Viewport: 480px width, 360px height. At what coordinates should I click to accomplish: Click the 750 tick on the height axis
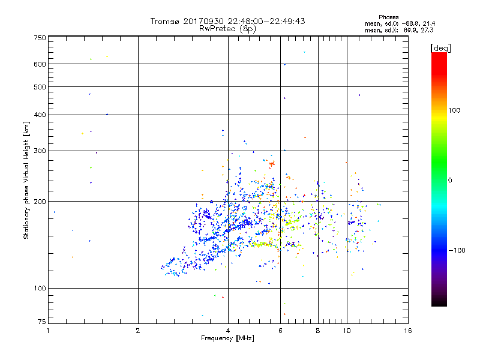[40, 37]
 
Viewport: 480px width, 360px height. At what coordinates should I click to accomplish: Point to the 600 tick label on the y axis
[40, 64]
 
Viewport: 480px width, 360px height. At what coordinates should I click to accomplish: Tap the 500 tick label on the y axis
[40, 86]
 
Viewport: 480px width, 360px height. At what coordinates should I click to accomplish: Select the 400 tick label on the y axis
[40, 115]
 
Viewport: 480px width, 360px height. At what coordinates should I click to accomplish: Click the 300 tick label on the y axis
[40, 150]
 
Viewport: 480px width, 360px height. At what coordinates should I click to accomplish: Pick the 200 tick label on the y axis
[40, 201]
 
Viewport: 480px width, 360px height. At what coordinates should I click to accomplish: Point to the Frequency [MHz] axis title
[227, 339]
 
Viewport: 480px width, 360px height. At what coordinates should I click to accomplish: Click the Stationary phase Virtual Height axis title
[26, 180]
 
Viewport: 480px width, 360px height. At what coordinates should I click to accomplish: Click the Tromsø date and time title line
[228, 21]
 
